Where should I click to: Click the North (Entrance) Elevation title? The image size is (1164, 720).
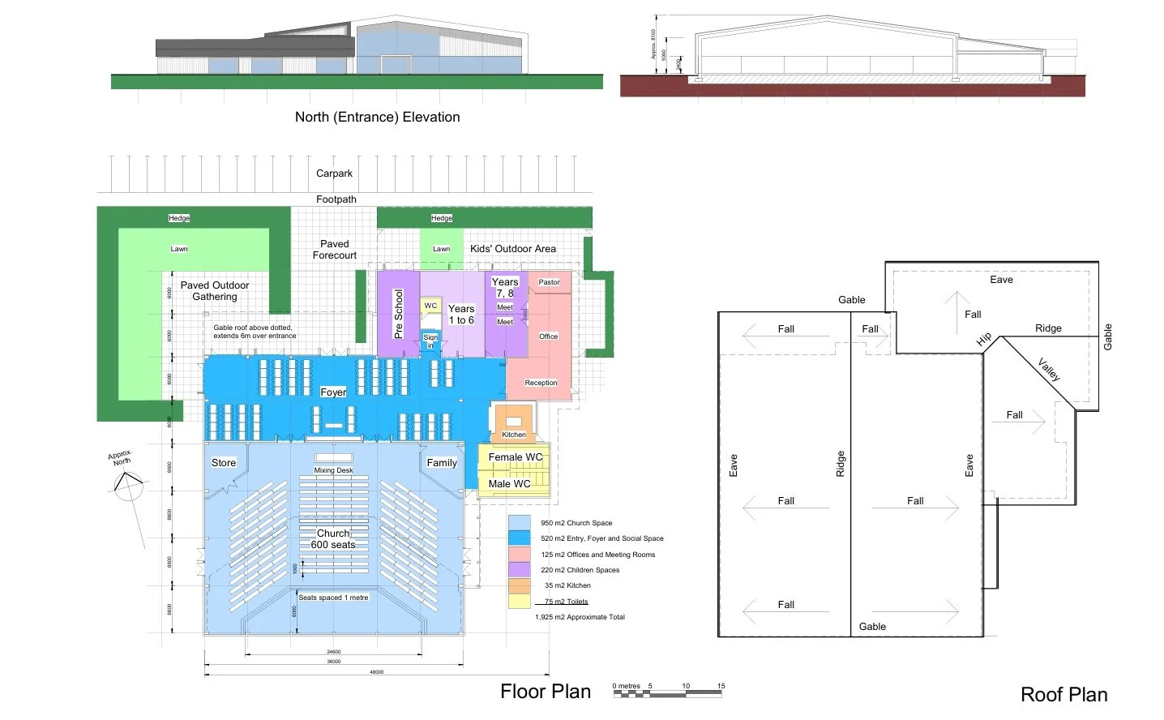[377, 117]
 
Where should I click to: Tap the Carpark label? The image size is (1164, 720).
[334, 174]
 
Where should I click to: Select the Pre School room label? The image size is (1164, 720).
[398, 314]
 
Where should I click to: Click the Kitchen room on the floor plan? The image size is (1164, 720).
[513, 423]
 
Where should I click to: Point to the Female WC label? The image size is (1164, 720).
[515, 457]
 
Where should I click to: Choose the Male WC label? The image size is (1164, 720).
[509, 484]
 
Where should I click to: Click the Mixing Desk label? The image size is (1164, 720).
[333, 470]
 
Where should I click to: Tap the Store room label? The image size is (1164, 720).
[224, 463]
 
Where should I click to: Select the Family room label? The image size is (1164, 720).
[442, 463]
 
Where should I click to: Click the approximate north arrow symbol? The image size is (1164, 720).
[126, 484]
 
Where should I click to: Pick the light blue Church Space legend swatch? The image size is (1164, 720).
[519, 522]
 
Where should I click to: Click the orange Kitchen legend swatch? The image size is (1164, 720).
[519, 585]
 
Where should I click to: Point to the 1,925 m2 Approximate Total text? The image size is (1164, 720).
[580, 617]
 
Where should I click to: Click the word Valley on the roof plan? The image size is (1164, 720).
[1049, 370]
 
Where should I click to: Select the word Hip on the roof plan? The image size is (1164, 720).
[984, 339]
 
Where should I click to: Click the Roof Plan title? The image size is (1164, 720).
[1063, 695]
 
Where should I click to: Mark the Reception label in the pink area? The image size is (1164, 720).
[541, 383]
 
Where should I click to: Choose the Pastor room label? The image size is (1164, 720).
[549, 282]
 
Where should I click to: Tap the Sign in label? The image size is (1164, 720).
[430, 341]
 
